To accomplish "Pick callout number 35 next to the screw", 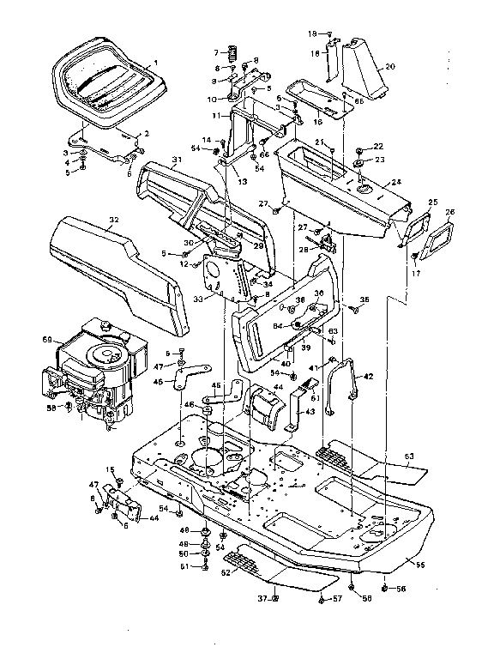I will tap(364, 299).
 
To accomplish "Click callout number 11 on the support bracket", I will tap(217, 114).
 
